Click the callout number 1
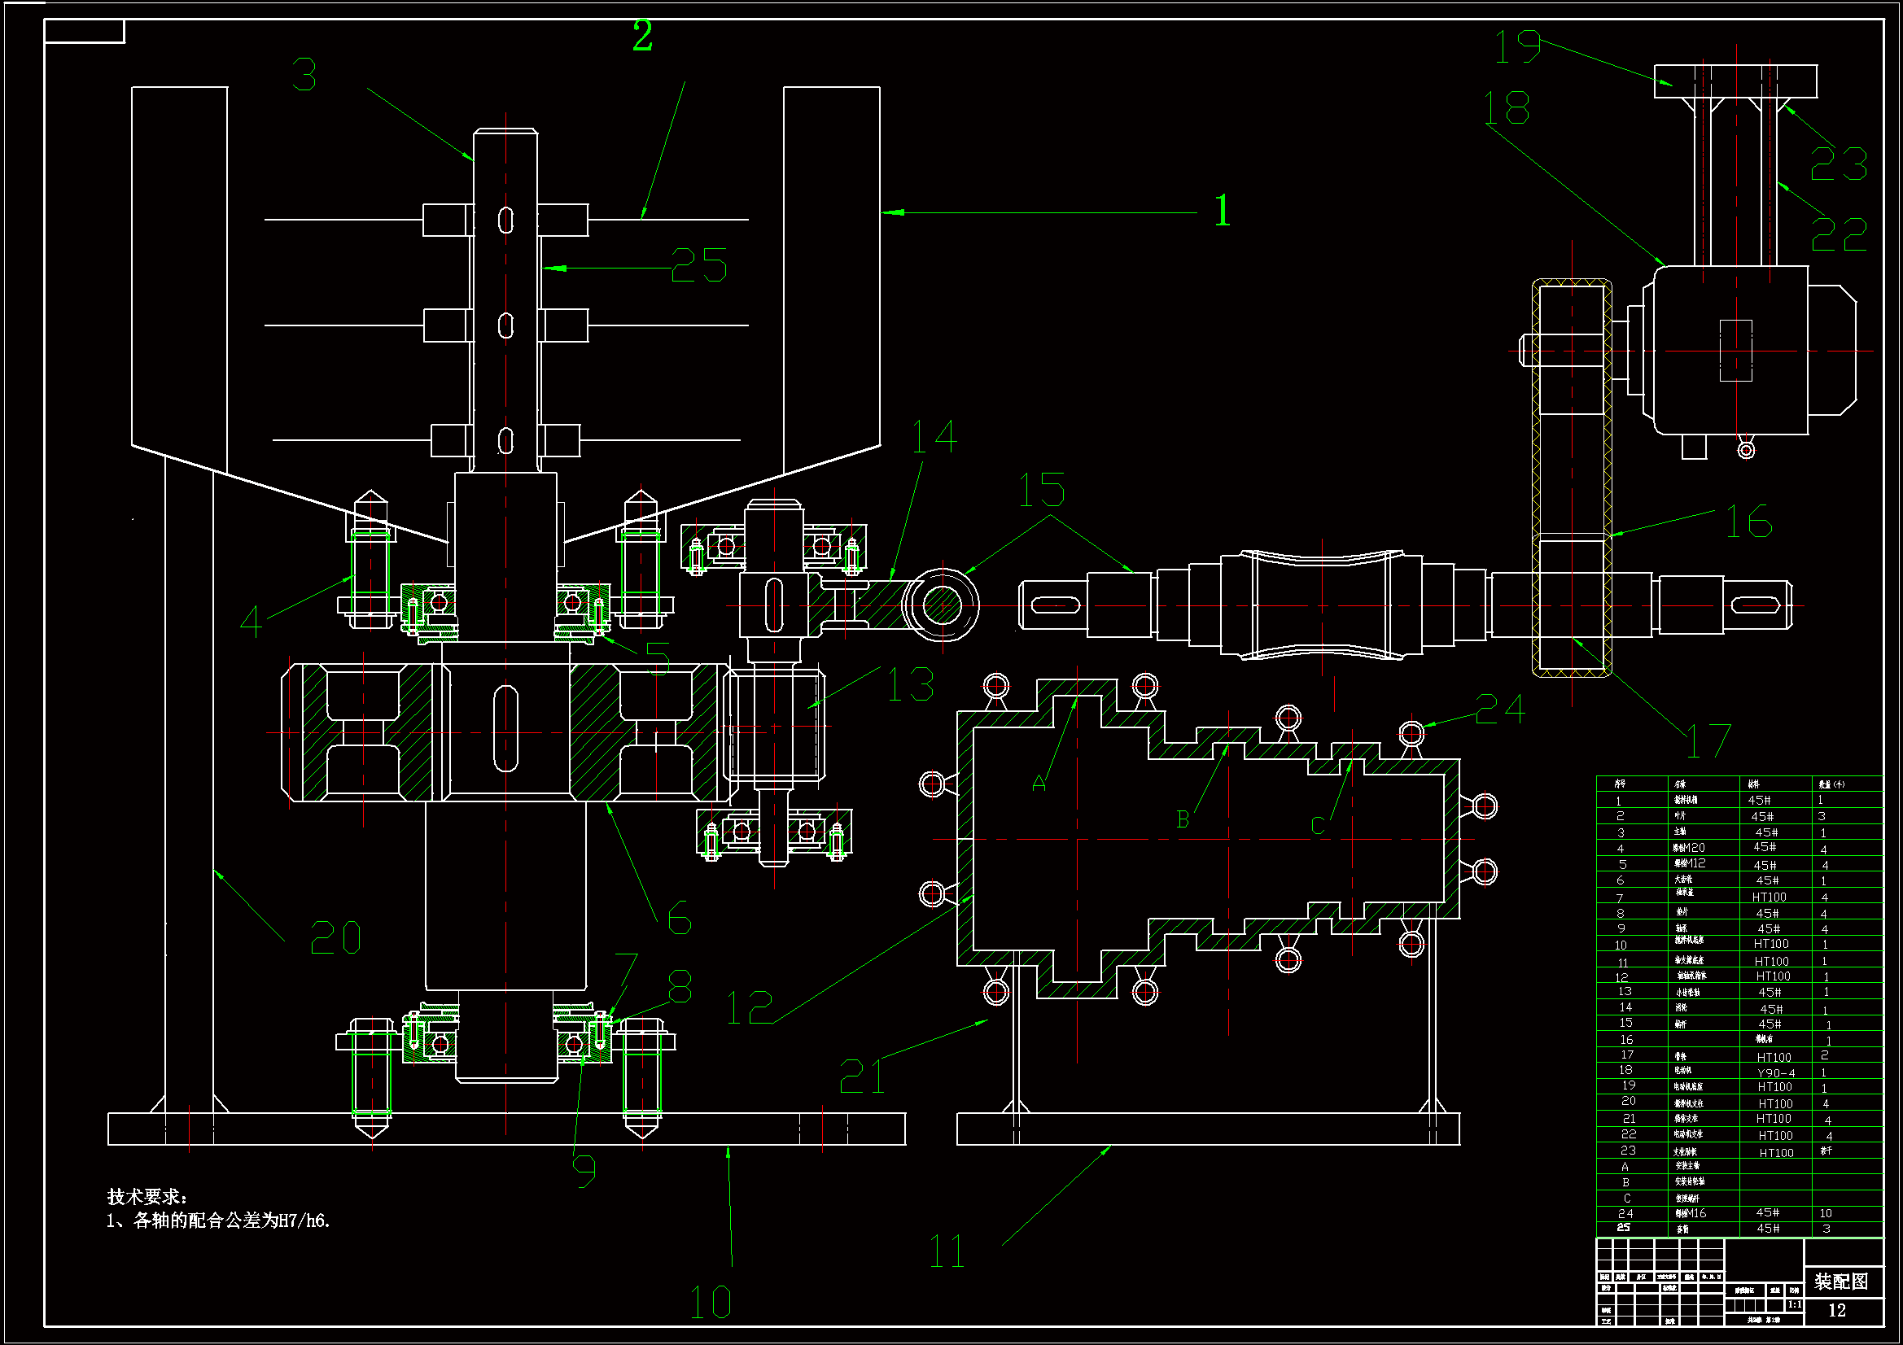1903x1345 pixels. pyautogui.click(x=1223, y=211)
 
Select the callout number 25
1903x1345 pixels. pyautogui.click(x=698, y=266)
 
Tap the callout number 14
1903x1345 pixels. pyautogui.click(x=934, y=436)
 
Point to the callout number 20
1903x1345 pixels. pyautogui.click(x=335, y=938)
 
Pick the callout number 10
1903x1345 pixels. pyautogui.click(x=711, y=1302)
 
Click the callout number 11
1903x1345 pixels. pyautogui.click(x=947, y=1251)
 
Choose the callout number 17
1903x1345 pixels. pyautogui.click(x=1708, y=741)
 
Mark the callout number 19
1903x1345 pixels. pyautogui.click(x=1516, y=46)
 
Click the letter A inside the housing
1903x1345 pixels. pyautogui.click(x=1039, y=784)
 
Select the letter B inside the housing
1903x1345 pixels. pyautogui.click(x=1183, y=819)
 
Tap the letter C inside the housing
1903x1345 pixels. pyautogui.click(x=1318, y=825)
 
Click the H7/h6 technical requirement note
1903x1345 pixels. pyautogui.click(x=219, y=1221)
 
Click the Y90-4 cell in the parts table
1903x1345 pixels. pyautogui.click(x=1775, y=1072)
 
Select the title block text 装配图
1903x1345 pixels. pyautogui.click(x=1841, y=1282)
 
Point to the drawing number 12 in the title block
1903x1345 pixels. pyautogui.click(x=1837, y=1310)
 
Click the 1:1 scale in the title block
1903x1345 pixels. pyautogui.click(x=1794, y=1304)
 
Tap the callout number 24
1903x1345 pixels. pyautogui.click(x=1500, y=709)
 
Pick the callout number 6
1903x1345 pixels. pyautogui.click(x=679, y=918)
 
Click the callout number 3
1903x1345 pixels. pyautogui.click(x=304, y=75)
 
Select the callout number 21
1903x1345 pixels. pyautogui.click(x=862, y=1076)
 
